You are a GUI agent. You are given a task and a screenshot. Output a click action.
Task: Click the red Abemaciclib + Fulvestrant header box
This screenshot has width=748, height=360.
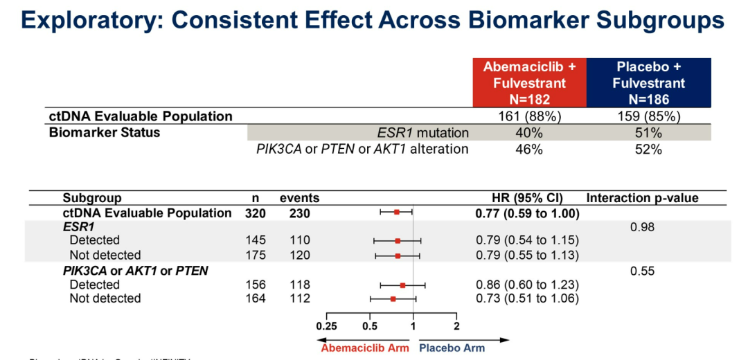click(529, 83)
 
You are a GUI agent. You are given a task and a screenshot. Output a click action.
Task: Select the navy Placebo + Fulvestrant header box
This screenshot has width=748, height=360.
click(648, 83)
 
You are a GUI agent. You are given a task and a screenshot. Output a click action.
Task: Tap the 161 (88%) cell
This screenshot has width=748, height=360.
click(529, 116)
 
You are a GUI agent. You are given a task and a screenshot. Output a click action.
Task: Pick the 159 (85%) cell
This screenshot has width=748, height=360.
click(648, 116)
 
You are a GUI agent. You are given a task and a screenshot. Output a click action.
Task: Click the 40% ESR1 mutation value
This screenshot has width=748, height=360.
click(529, 132)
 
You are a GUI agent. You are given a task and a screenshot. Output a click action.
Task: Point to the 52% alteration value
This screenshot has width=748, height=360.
click(648, 149)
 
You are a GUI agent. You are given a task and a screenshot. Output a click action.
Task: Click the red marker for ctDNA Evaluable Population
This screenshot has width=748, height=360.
click(397, 213)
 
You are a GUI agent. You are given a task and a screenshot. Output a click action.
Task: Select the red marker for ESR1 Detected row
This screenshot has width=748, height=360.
click(398, 241)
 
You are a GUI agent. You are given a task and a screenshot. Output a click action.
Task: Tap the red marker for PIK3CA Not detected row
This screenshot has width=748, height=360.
click(393, 299)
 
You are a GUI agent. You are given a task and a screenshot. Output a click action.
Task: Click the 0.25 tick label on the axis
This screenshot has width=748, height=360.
click(326, 326)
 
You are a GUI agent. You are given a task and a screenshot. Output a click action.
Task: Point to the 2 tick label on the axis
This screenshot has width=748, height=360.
click(456, 326)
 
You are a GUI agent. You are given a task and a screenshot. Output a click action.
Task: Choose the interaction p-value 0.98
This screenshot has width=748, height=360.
click(642, 226)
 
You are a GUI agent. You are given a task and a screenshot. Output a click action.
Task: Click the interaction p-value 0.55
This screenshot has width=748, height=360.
click(642, 271)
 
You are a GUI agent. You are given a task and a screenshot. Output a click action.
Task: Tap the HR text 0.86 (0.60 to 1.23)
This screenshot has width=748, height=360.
click(527, 285)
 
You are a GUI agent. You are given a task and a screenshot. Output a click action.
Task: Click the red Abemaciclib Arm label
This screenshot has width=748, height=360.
click(364, 348)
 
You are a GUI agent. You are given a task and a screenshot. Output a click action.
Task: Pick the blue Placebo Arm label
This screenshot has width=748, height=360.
click(452, 348)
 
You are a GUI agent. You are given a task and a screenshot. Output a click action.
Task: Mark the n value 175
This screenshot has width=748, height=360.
click(256, 255)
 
